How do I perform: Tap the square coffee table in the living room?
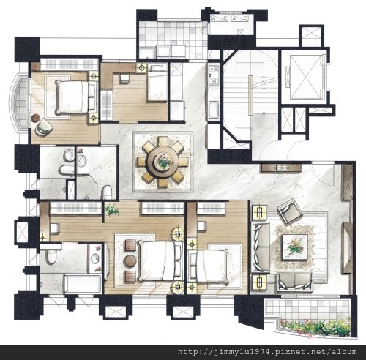[x=295, y=247]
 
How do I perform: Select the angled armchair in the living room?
[x=289, y=211]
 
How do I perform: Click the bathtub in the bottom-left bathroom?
[x=83, y=284]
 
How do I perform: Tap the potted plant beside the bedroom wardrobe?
[x=112, y=210]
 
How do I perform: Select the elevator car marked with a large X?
[x=306, y=77]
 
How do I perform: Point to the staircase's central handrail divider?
[x=251, y=95]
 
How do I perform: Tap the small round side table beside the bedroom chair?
[x=36, y=118]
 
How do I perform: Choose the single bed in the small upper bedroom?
[x=157, y=83]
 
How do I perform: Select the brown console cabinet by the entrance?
[x=281, y=168]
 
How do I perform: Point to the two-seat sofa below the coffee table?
[x=295, y=282]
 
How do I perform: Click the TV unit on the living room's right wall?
[x=347, y=247]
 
